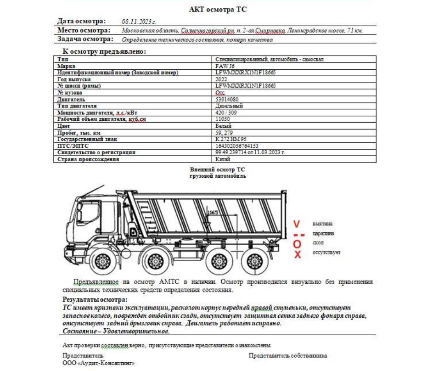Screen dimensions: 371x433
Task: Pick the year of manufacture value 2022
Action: point(221,79)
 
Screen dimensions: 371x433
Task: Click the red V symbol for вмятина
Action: point(297,225)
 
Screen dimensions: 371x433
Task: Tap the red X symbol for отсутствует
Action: point(297,254)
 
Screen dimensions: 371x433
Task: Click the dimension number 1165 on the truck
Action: point(212,213)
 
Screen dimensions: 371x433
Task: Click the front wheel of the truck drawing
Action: point(100,262)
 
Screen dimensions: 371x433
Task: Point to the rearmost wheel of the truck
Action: point(251,262)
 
